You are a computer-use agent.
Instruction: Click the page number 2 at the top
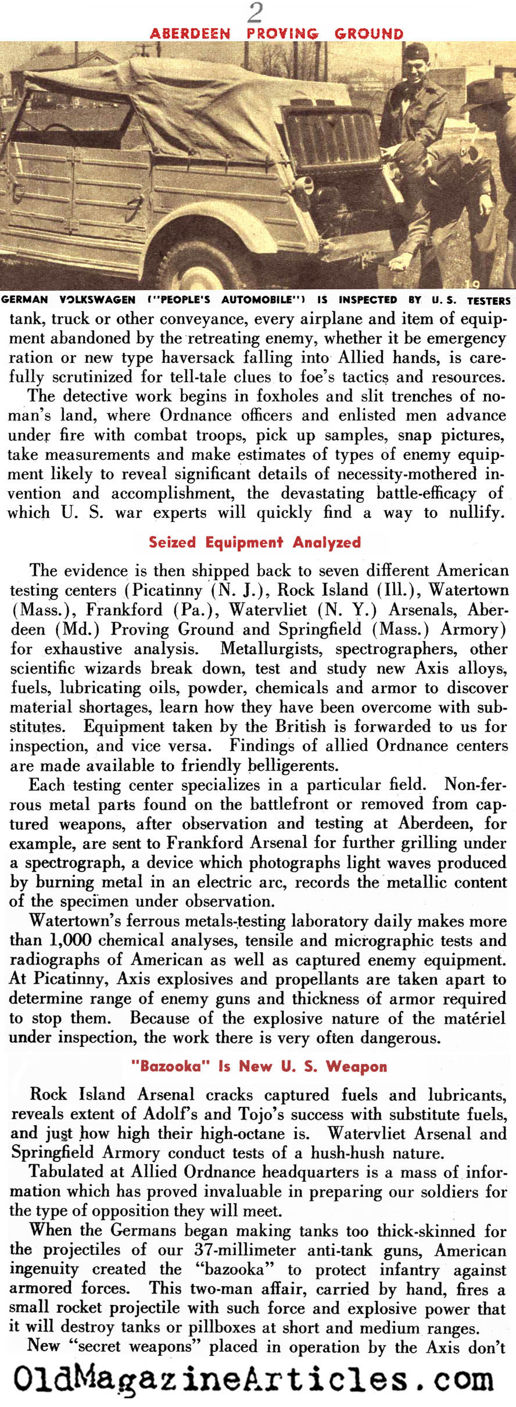coord(255,12)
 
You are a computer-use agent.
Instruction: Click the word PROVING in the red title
coord(282,34)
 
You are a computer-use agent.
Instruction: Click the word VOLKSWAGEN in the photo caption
coord(97,300)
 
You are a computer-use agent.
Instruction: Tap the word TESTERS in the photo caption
coord(488,300)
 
